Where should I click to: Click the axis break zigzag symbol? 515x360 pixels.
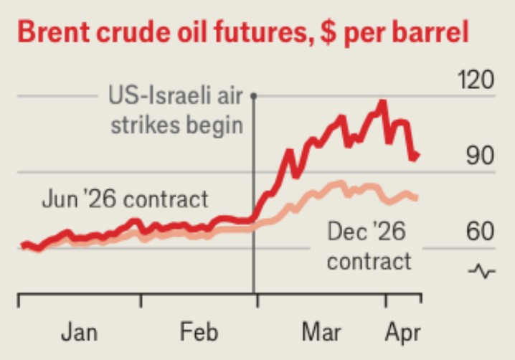pyautogui.click(x=482, y=271)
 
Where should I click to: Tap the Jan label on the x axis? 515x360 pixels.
pyautogui.click(x=79, y=333)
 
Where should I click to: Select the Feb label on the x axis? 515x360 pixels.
pyautogui.click(x=199, y=333)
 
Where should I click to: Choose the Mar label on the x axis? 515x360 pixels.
pyautogui.click(x=322, y=333)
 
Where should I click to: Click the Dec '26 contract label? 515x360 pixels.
pyautogui.click(x=369, y=246)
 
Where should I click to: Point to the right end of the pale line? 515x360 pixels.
pyautogui.click(x=417, y=197)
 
